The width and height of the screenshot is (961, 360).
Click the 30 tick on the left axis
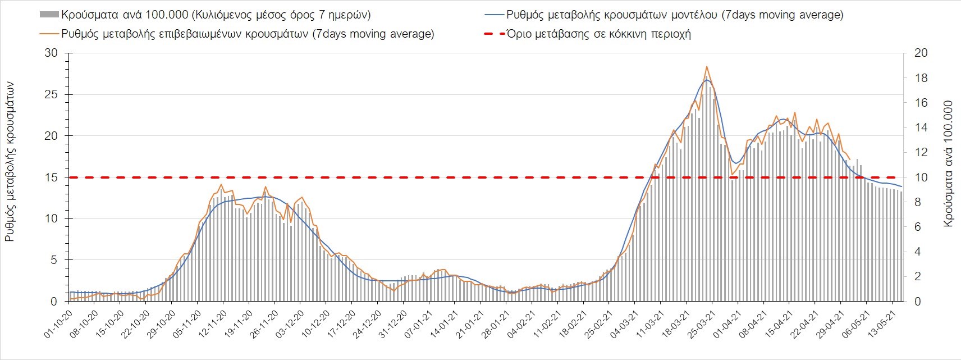51,53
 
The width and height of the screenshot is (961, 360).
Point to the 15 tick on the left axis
51,177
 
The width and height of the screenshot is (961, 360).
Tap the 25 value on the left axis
51,94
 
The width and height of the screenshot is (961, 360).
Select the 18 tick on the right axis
921,78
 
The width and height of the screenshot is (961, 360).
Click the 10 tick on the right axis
921,177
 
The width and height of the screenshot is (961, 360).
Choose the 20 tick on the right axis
921,53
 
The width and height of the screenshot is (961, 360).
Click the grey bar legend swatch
49,15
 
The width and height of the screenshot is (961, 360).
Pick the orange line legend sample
49,34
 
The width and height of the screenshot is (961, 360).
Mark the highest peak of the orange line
707,66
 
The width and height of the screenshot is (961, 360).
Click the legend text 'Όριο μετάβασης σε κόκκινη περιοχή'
598,34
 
